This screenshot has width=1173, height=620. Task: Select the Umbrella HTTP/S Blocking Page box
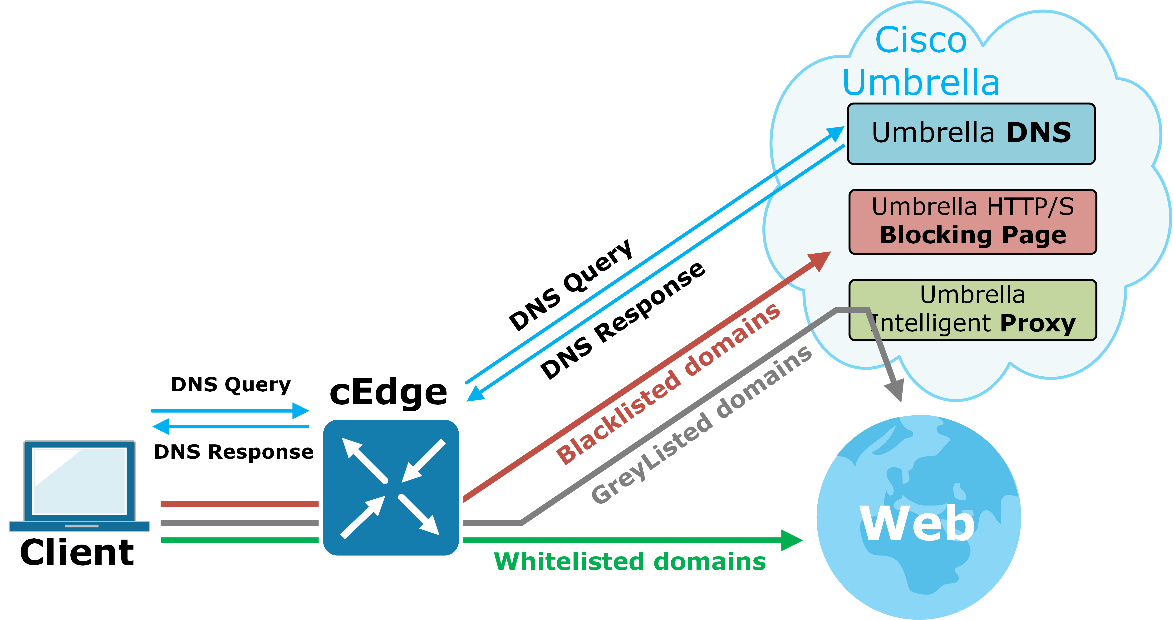coord(973,222)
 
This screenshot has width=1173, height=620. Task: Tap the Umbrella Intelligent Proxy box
coord(973,310)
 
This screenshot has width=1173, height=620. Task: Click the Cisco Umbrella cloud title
coord(921,61)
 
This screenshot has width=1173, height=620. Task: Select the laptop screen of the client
coord(80,481)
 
